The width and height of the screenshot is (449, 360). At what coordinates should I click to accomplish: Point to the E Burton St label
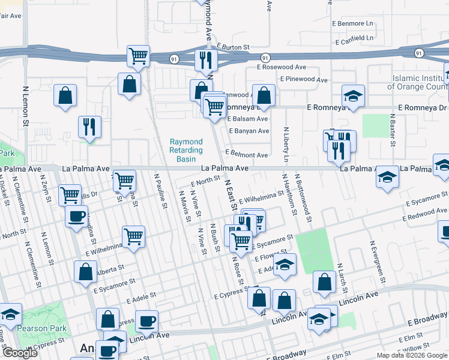[233, 46]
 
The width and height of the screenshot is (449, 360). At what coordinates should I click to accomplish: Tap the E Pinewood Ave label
[307, 79]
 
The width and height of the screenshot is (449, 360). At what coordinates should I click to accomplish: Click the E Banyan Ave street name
[249, 131]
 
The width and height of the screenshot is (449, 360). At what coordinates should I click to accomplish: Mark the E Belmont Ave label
[246, 155]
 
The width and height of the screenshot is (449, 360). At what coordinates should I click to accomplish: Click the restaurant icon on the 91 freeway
[205, 59]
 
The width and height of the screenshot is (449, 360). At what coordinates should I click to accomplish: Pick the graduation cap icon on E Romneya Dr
[353, 95]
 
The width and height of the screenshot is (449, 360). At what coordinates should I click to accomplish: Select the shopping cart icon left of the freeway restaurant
[138, 56]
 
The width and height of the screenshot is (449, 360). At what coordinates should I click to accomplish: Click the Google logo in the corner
[19, 352]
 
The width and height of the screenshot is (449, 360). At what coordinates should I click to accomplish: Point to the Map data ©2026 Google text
[412, 355]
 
